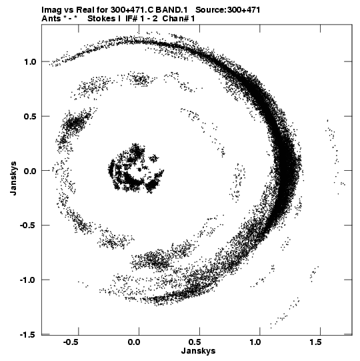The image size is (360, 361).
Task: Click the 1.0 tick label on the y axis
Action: coord(30,61)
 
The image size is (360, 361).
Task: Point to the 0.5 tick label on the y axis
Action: coord(30,116)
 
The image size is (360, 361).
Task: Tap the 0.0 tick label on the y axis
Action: coord(30,171)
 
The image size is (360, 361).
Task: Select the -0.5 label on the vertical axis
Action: coord(28,225)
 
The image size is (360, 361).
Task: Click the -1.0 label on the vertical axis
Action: coord(28,280)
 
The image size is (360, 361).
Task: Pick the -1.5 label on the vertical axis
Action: coord(28,334)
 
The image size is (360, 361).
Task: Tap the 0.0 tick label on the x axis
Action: coord(134,342)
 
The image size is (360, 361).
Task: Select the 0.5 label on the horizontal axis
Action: coord(195,342)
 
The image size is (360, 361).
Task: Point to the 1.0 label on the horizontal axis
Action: coord(255,342)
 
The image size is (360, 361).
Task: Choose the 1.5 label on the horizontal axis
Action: coord(315,342)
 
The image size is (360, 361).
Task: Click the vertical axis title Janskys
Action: coord(13,178)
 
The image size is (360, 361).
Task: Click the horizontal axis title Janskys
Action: coord(198,351)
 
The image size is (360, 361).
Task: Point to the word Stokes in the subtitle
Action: coord(101,19)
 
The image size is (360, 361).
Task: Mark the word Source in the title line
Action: coord(210,9)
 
